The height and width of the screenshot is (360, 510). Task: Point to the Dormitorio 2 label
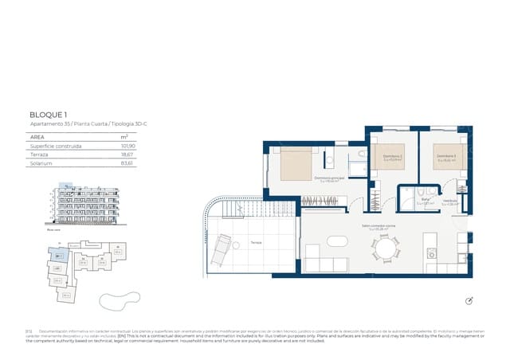tap(391, 156)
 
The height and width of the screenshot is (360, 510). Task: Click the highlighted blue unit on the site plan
tap(60, 255)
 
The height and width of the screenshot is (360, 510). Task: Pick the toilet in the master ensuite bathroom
tap(361, 154)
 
